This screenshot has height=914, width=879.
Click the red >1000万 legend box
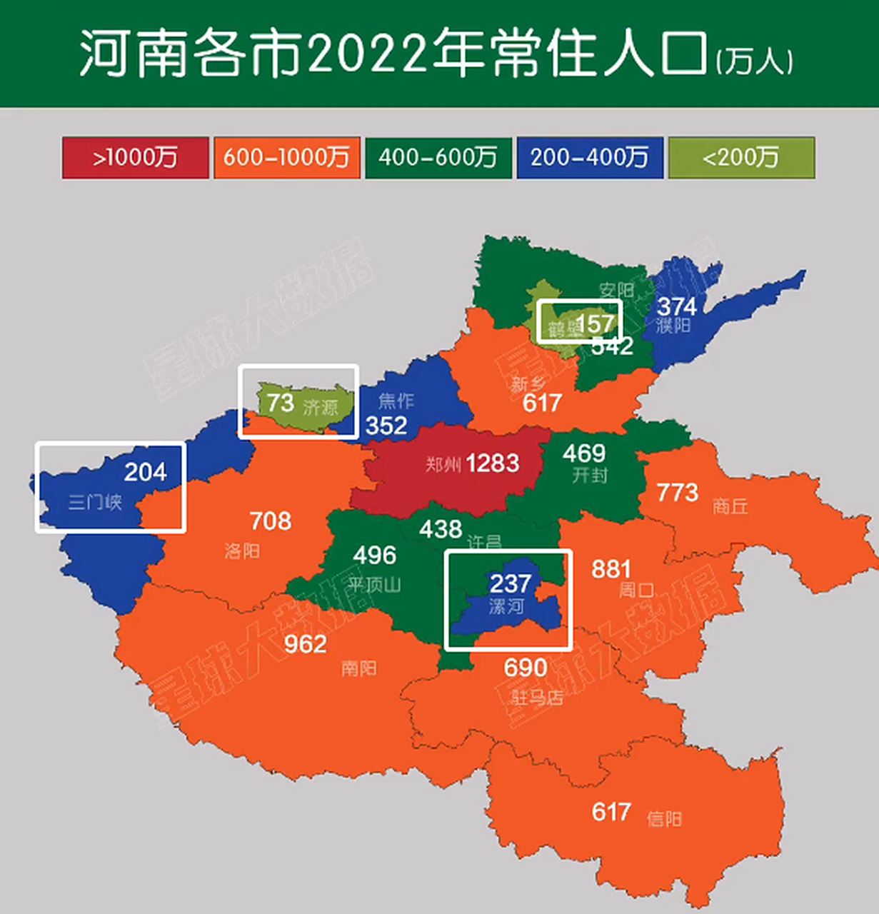click(x=135, y=158)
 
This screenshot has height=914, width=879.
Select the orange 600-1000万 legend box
click(x=286, y=158)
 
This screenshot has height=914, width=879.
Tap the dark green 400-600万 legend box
click(x=438, y=158)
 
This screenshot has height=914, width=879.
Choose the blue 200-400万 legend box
click(x=589, y=158)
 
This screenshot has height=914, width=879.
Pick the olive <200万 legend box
click(x=740, y=158)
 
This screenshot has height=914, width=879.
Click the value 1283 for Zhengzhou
click(x=493, y=463)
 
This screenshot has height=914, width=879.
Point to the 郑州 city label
click(x=443, y=465)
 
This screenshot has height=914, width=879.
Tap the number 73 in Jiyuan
click(x=281, y=403)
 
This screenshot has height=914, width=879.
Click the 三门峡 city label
click(x=95, y=502)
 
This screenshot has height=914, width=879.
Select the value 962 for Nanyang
click(x=305, y=644)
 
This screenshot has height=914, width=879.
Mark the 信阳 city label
click(x=664, y=818)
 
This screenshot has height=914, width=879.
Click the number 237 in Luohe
click(x=510, y=583)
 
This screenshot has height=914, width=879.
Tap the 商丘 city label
click(x=730, y=506)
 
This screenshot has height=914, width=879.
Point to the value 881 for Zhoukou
click(x=611, y=569)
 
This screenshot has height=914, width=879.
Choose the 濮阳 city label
click(x=673, y=326)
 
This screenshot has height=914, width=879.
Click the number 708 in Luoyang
click(x=271, y=521)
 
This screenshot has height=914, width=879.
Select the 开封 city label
click(x=590, y=475)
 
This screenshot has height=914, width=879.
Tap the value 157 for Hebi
click(x=594, y=323)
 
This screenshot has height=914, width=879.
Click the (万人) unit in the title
click(x=754, y=62)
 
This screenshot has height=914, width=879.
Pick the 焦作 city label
click(x=396, y=401)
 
